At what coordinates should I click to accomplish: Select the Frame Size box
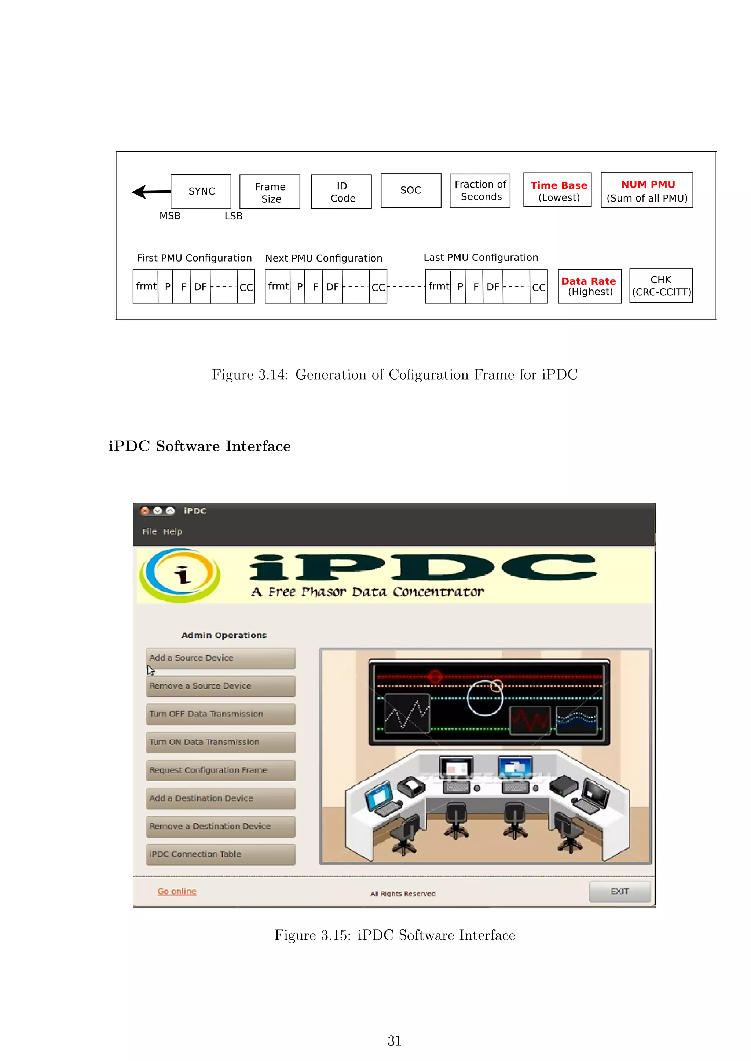click(270, 192)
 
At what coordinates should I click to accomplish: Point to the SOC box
click(410, 191)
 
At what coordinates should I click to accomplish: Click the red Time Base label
click(558, 185)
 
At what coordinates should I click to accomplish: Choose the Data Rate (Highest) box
click(589, 286)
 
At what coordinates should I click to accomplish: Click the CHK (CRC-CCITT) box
click(661, 285)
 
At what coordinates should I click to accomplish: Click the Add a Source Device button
click(221, 658)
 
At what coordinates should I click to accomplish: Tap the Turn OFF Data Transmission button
click(221, 714)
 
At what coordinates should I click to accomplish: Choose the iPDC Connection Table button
click(221, 854)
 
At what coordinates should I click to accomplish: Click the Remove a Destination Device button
click(221, 826)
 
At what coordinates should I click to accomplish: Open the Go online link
click(177, 891)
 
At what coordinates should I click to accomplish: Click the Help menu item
click(172, 532)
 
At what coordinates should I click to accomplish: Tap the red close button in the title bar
click(145, 511)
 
